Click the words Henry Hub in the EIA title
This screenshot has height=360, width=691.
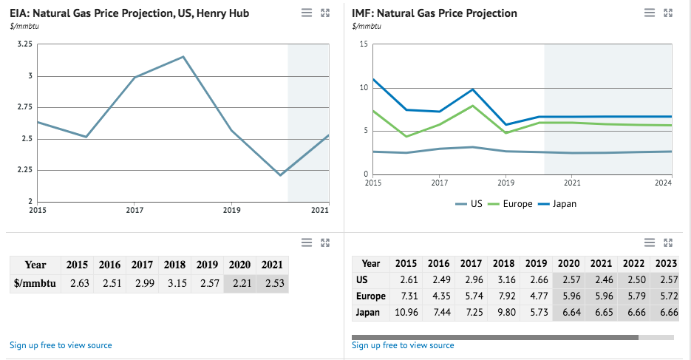tap(222, 13)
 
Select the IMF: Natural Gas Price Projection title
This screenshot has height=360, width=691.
tap(435, 13)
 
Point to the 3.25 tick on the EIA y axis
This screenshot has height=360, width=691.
tap(24, 44)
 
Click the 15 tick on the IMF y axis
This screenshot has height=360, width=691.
tap(363, 44)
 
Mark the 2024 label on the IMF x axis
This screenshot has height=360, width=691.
tap(663, 183)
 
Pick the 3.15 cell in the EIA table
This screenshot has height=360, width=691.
tap(174, 283)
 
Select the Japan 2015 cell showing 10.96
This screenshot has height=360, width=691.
tap(406, 312)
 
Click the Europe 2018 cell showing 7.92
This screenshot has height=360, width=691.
tap(503, 296)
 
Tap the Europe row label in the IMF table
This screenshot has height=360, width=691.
tap(371, 296)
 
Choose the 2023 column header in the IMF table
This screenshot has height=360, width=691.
tap(667, 263)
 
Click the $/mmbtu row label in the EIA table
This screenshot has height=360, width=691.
tap(35, 283)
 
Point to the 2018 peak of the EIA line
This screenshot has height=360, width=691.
tap(183, 57)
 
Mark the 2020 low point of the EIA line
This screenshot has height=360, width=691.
tap(280, 175)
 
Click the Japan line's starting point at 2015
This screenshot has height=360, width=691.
tap(373, 79)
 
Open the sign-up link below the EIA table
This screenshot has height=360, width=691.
tap(61, 345)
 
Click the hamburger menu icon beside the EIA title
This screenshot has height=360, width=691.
tap(307, 13)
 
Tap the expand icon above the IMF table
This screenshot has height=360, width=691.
tap(668, 242)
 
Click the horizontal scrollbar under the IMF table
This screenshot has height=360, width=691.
tap(494, 337)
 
